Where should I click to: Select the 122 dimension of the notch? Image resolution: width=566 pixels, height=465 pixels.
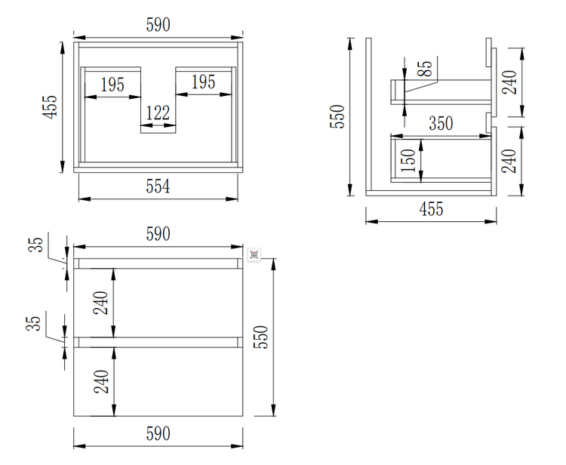pyautogui.click(x=158, y=114)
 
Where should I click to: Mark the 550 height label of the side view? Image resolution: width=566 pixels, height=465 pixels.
pyautogui.click(x=339, y=117)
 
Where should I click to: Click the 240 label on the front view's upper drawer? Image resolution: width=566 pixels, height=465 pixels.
pyautogui.click(x=102, y=302)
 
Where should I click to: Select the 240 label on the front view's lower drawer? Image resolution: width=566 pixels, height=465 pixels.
pyautogui.click(x=102, y=380)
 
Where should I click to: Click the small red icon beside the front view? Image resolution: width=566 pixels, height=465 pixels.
pyautogui.click(x=254, y=254)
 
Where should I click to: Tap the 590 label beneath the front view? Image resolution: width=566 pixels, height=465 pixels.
pyautogui.click(x=157, y=434)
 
